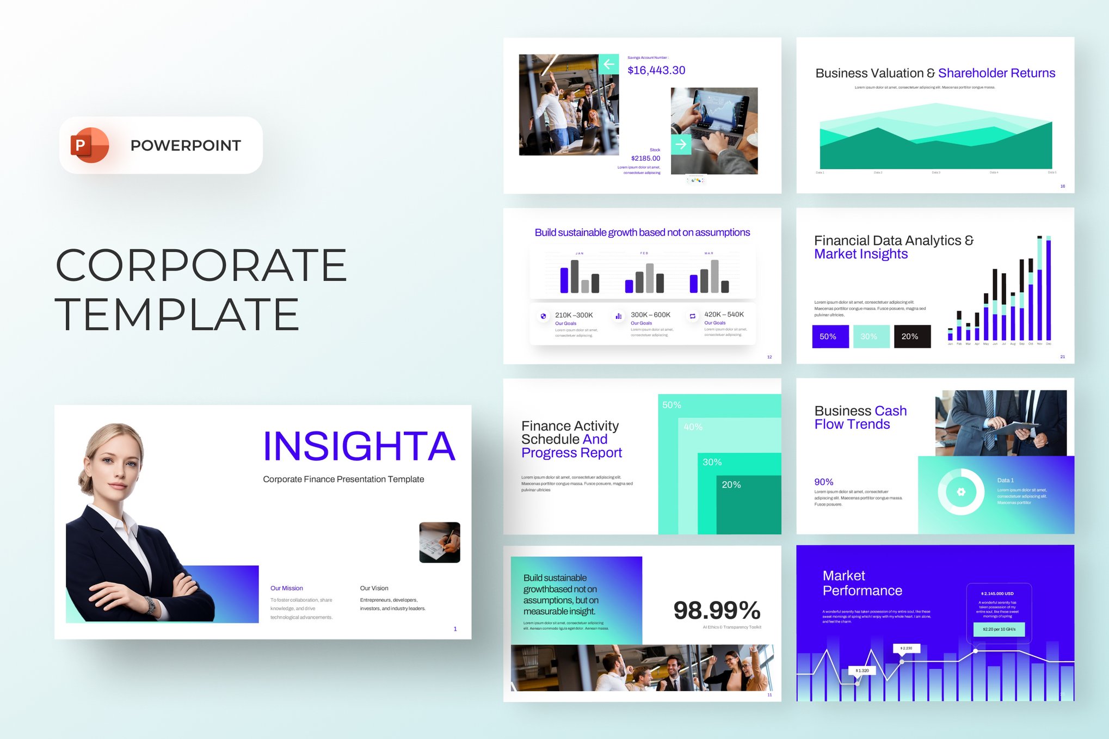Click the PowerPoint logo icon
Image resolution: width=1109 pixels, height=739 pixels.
89,145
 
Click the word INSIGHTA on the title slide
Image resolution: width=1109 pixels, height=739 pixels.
359,446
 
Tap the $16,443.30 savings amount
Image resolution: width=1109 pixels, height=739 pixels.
656,70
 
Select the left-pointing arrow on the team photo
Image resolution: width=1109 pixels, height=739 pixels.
608,64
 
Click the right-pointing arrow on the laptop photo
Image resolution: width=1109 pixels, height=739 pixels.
681,145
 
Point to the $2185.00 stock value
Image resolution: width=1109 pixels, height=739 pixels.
645,158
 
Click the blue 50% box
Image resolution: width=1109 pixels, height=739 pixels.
830,336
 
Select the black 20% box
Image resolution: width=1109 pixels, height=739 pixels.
911,336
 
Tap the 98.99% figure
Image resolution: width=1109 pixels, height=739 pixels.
717,611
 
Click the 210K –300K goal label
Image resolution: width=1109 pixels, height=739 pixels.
574,315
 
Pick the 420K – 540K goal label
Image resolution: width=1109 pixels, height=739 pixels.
724,315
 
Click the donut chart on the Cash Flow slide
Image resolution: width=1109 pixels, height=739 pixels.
960,492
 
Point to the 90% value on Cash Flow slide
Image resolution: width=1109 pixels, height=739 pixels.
823,482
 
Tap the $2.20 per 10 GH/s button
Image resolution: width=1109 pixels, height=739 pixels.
999,629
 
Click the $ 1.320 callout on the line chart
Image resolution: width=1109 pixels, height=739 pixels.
862,670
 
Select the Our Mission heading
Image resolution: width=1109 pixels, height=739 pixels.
286,588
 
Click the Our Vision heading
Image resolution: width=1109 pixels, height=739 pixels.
374,588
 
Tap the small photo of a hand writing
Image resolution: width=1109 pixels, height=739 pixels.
440,542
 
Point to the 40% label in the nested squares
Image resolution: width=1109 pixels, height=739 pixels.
693,427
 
